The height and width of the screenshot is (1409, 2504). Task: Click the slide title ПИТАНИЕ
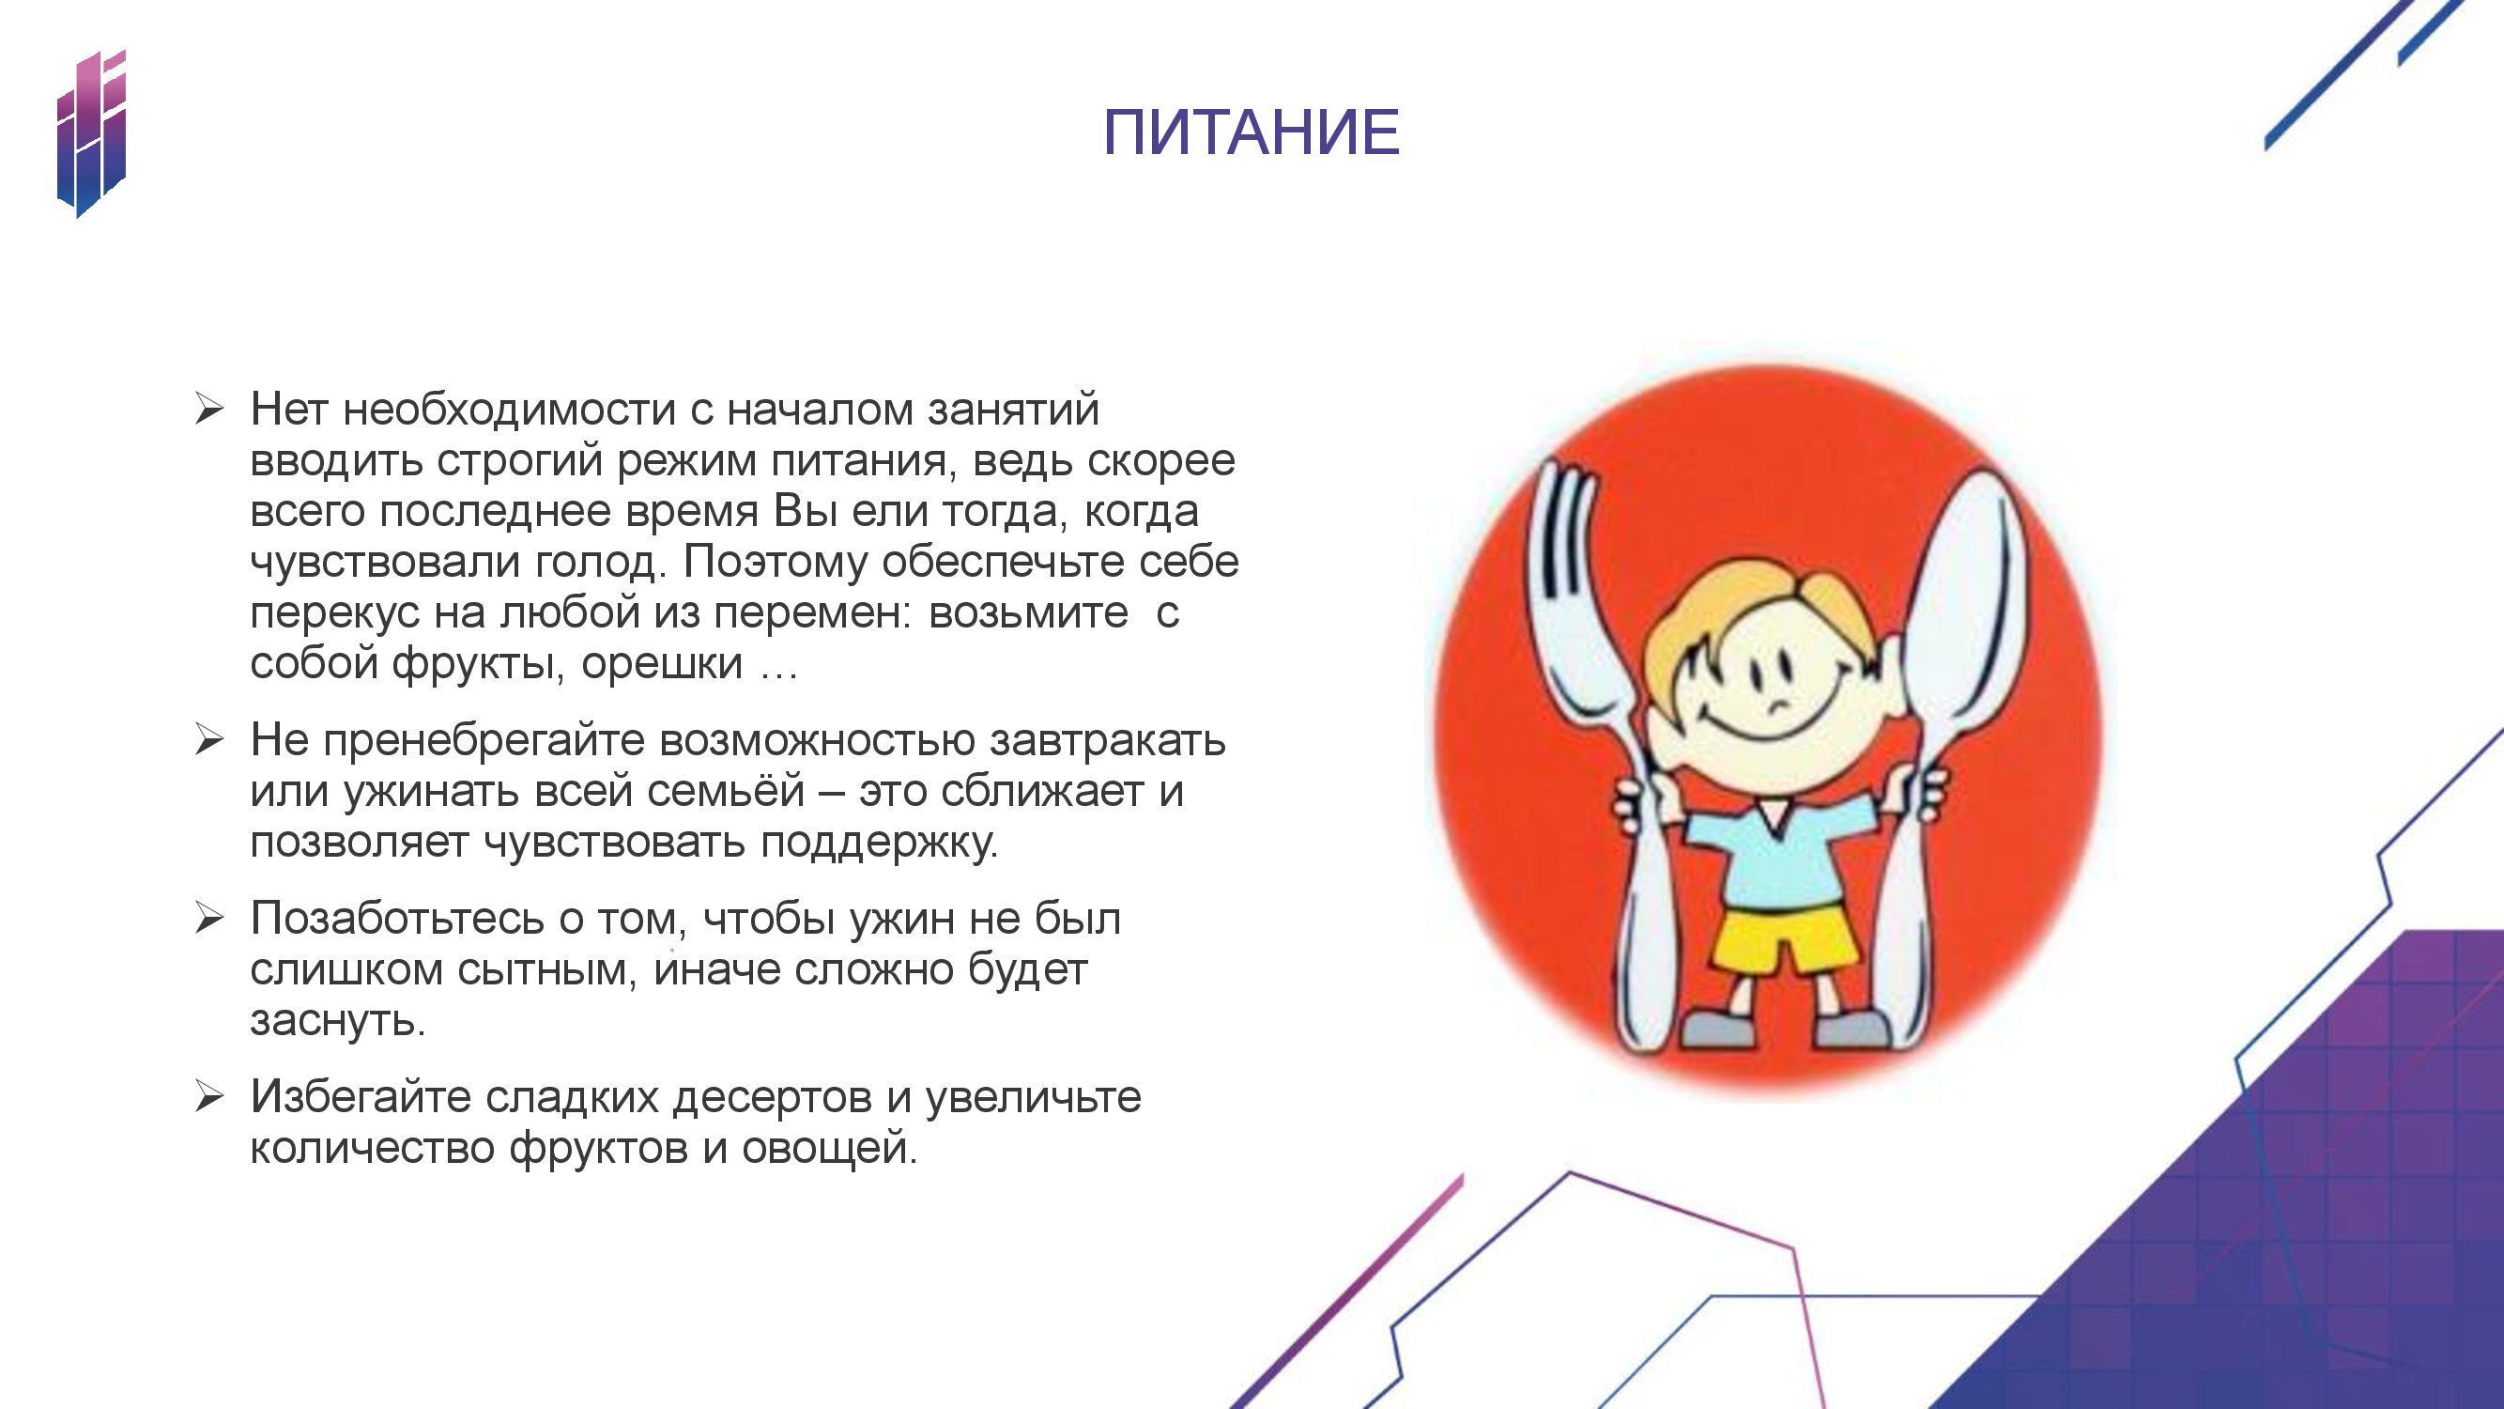point(1251,132)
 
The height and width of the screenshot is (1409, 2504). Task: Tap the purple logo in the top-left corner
point(91,133)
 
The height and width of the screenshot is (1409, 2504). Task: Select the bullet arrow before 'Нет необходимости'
point(209,410)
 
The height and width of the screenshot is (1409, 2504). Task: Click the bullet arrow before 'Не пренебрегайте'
point(209,740)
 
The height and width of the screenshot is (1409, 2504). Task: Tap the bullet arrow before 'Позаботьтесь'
point(209,918)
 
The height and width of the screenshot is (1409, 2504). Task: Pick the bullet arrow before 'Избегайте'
point(209,1097)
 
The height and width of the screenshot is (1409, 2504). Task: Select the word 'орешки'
point(662,664)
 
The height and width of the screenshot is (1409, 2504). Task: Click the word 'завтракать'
point(1107,741)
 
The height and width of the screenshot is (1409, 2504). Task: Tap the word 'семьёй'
point(725,791)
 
